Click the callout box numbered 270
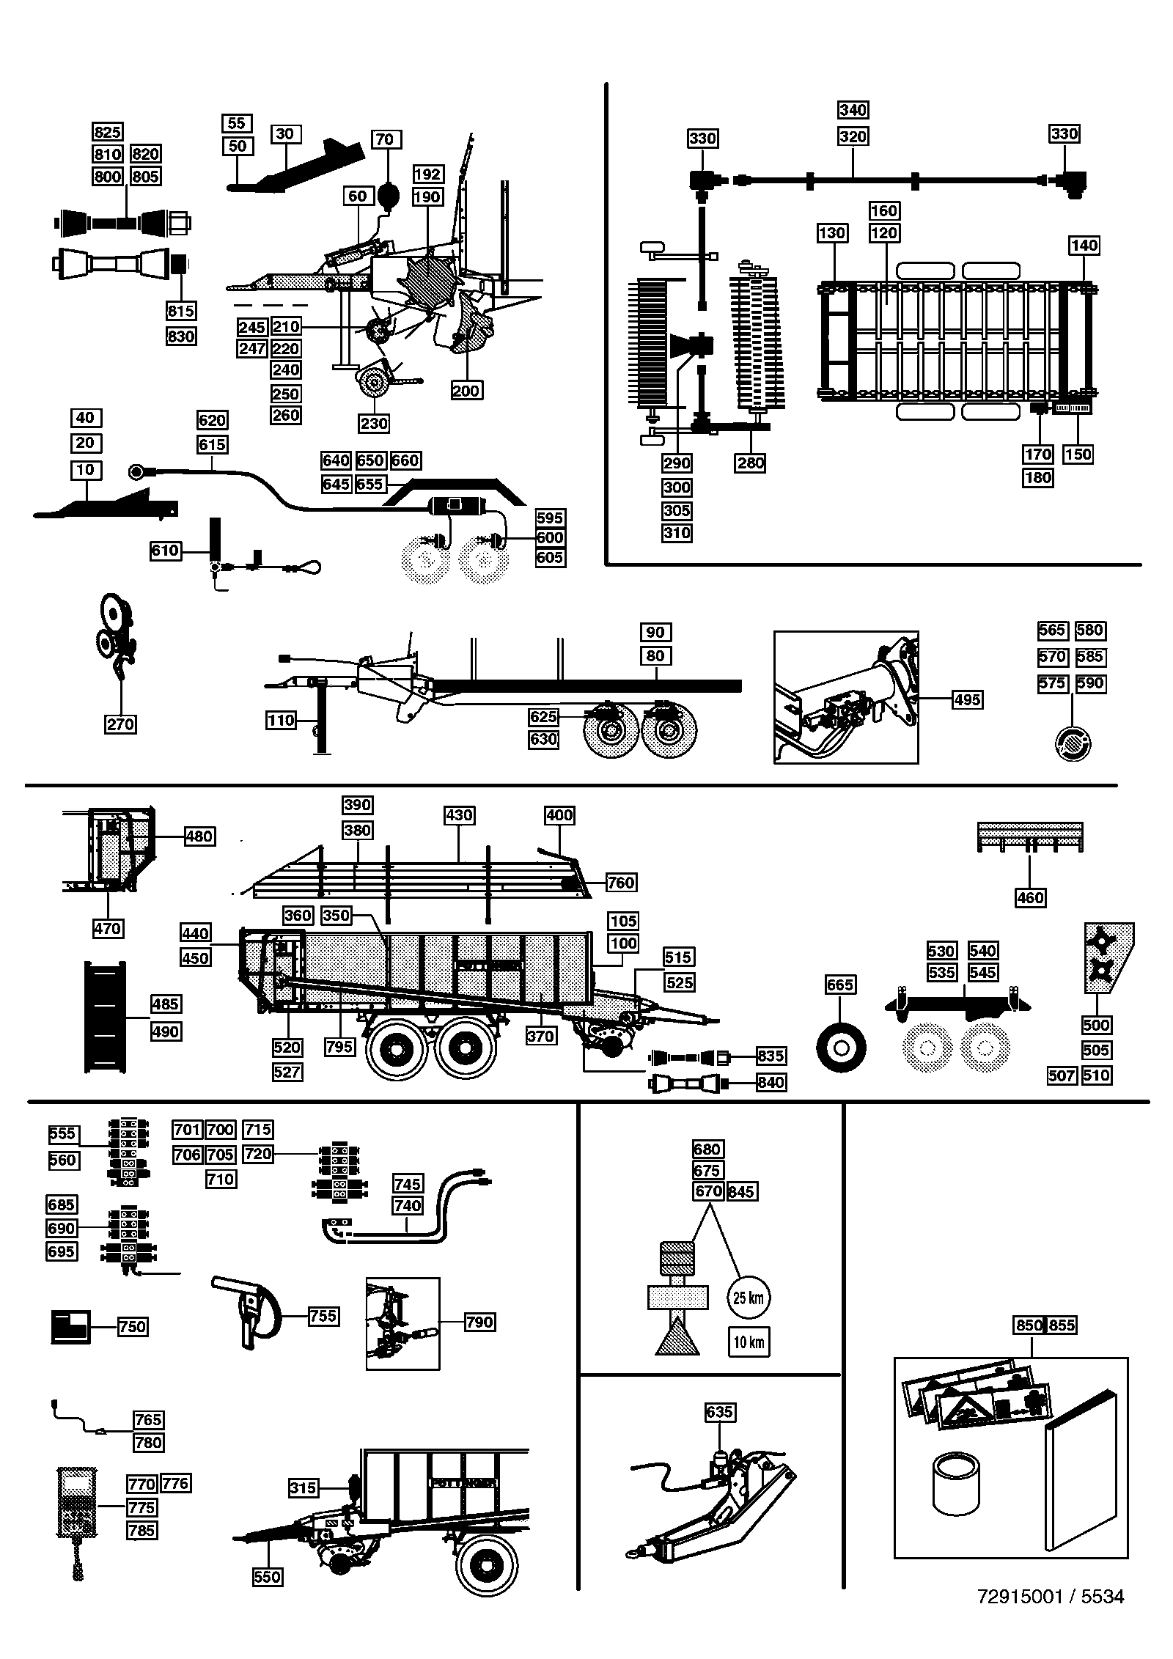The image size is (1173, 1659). click(120, 724)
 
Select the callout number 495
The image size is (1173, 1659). click(967, 699)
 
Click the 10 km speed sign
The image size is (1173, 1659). click(749, 1342)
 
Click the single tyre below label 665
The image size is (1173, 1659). click(841, 1047)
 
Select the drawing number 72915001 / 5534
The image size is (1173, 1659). click(1051, 1597)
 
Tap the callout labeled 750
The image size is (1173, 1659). click(132, 1327)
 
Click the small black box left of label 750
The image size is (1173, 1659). click(70, 1327)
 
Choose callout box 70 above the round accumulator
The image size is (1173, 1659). click(384, 139)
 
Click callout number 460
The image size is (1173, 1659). click(1030, 897)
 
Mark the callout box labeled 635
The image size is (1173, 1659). click(719, 1412)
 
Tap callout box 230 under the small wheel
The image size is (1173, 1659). click(374, 423)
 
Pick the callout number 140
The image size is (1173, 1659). click(1084, 245)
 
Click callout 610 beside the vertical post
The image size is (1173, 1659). click(165, 550)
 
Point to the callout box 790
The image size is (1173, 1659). click(479, 1323)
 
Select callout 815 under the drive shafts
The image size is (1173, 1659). click(180, 311)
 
